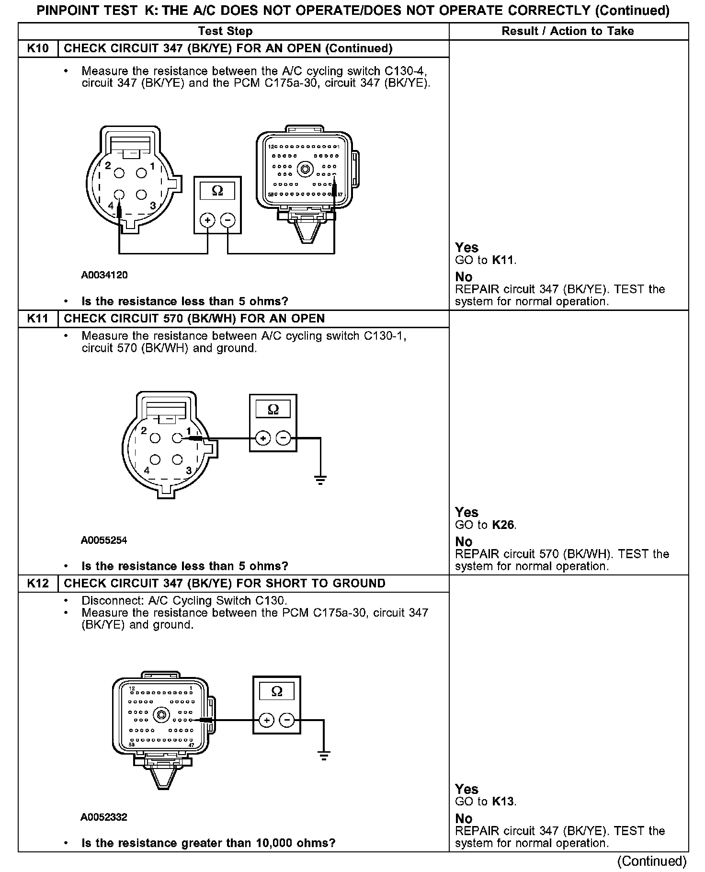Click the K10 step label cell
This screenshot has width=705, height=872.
coord(38,48)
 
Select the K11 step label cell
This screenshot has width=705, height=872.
coord(38,319)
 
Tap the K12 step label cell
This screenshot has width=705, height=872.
coord(38,584)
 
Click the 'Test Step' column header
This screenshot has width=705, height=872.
coord(225,31)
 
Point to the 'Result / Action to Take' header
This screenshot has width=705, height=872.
coord(568,31)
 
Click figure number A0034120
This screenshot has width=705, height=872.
coord(104,275)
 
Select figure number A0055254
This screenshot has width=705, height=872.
coord(104,540)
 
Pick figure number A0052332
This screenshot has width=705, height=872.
coord(104,817)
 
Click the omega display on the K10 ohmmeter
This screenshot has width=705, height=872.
coord(217,191)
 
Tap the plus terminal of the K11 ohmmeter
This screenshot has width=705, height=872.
coord(263,438)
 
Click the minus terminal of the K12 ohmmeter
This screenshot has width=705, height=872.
coord(286,720)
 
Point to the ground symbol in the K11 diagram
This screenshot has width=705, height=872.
coord(320,479)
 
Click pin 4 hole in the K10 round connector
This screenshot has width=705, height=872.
coord(119,195)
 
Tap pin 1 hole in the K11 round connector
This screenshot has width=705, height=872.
coord(177,437)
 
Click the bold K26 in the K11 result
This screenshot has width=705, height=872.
coord(503,525)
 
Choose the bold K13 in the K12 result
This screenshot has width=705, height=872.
coord(503,802)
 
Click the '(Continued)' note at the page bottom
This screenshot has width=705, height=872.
coord(652,861)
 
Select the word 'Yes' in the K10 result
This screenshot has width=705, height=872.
coord(466,248)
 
